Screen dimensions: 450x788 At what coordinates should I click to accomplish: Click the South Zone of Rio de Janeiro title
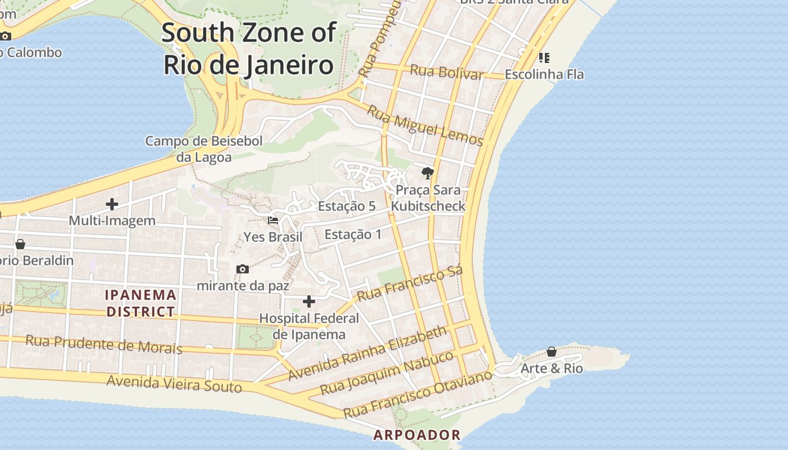pos(249,49)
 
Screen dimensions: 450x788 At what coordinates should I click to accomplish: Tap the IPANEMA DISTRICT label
pos(141,303)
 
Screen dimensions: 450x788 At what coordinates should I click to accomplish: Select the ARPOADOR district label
pos(417,435)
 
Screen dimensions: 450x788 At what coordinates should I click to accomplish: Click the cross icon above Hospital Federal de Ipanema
pos(308,302)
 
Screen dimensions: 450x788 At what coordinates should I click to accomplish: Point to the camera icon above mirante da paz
pos(243,269)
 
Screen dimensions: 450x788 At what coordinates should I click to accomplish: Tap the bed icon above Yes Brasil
pos(273,220)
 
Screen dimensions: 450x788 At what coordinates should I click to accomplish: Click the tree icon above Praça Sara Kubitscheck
pos(428,173)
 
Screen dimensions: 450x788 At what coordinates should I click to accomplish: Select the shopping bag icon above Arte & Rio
pos(552,352)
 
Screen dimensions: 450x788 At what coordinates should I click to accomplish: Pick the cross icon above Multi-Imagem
pos(112,204)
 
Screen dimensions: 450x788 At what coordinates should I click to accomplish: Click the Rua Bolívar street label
pos(446,73)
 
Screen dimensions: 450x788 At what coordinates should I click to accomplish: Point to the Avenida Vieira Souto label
pos(174,384)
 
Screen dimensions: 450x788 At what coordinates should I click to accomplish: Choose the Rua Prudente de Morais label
pos(104,344)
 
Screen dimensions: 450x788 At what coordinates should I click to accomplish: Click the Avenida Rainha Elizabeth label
pos(368,353)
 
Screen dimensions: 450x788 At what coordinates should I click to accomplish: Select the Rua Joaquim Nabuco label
pos(387,372)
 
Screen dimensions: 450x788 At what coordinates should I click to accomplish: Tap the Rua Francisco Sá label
pos(410,283)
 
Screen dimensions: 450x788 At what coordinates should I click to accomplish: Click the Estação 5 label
pos(347,206)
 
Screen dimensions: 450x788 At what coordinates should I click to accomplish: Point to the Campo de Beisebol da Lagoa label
pos(204,149)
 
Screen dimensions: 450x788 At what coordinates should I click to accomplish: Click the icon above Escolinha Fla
pos(544,58)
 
